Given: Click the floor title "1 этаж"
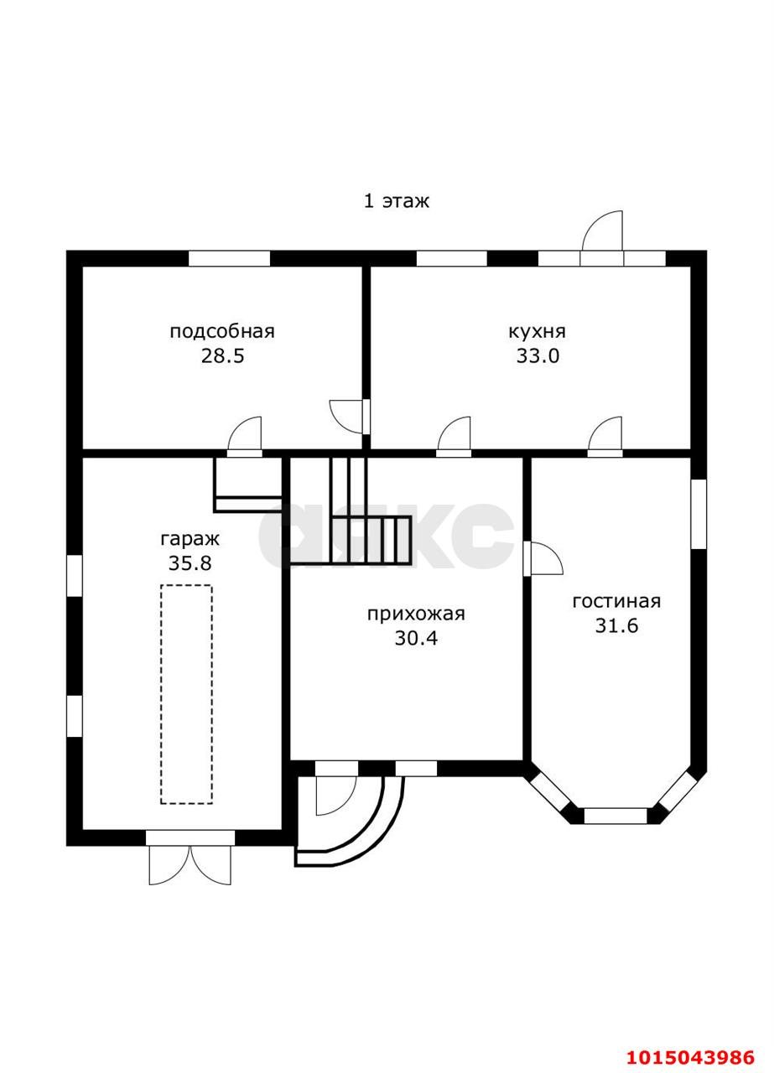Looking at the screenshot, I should coord(396,201).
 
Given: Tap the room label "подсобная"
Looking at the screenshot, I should coord(222,331).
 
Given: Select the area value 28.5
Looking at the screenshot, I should coord(222,355).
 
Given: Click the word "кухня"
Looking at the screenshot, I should coord(538,331).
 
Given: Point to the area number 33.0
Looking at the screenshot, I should coord(538,355).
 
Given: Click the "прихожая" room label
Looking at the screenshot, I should coord(416,614).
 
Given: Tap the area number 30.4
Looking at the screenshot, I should coord(416,639).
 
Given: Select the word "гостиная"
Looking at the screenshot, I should coord(616,601).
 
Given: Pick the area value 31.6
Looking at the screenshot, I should coord(616,626).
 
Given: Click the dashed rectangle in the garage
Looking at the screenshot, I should coord(186,694).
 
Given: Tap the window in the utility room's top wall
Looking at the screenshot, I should coord(229,258).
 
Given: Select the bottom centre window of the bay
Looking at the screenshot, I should coord(616,815).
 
